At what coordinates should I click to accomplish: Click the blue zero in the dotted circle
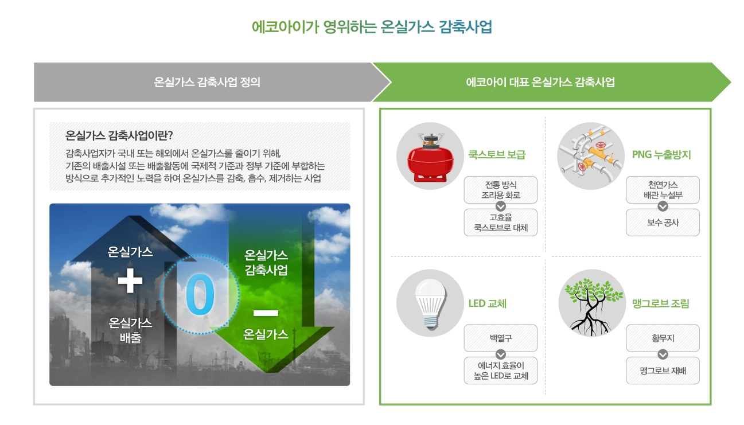[x=200, y=295]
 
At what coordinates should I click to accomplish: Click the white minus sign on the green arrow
[x=266, y=313]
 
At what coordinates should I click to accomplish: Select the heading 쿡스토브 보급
[x=497, y=155]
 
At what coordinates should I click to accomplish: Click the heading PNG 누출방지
[x=661, y=155]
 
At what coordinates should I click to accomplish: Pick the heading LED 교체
[x=488, y=303]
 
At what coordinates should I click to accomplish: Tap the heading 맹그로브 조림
[x=660, y=303]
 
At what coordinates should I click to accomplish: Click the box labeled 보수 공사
[x=663, y=223]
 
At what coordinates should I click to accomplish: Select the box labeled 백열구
[x=500, y=338]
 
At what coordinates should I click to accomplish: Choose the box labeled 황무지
[x=663, y=338]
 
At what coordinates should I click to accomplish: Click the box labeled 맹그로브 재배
[x=663, y=371]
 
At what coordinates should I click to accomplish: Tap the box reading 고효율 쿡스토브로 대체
[x=500, y=223]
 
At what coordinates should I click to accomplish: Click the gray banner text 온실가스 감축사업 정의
[x=207, y=82]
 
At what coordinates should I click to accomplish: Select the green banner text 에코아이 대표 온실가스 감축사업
[x=540, y=82]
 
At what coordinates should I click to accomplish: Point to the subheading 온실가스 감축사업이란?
[x=119, y=136]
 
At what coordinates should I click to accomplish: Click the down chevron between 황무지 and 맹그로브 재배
[x=663, y=354]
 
